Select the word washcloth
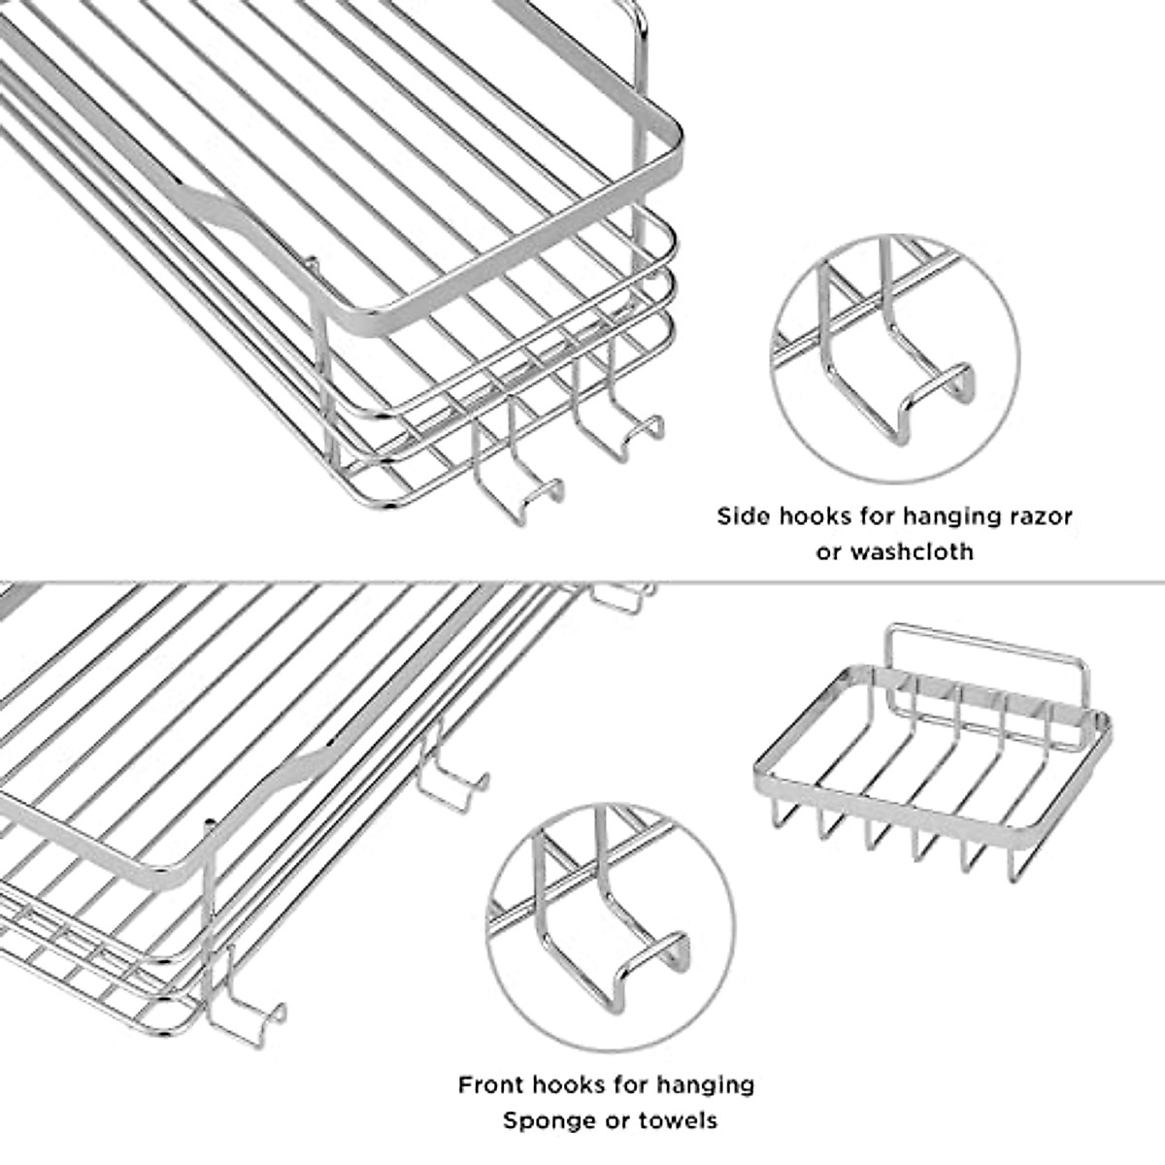pyautogui.click(x=911, y=551)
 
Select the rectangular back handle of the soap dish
pyautogui.click(x=985, y=643)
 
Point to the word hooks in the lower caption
pyautogui.click(x=572, y=1084)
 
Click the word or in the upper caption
pyautogui.click(x=829, y=551)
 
